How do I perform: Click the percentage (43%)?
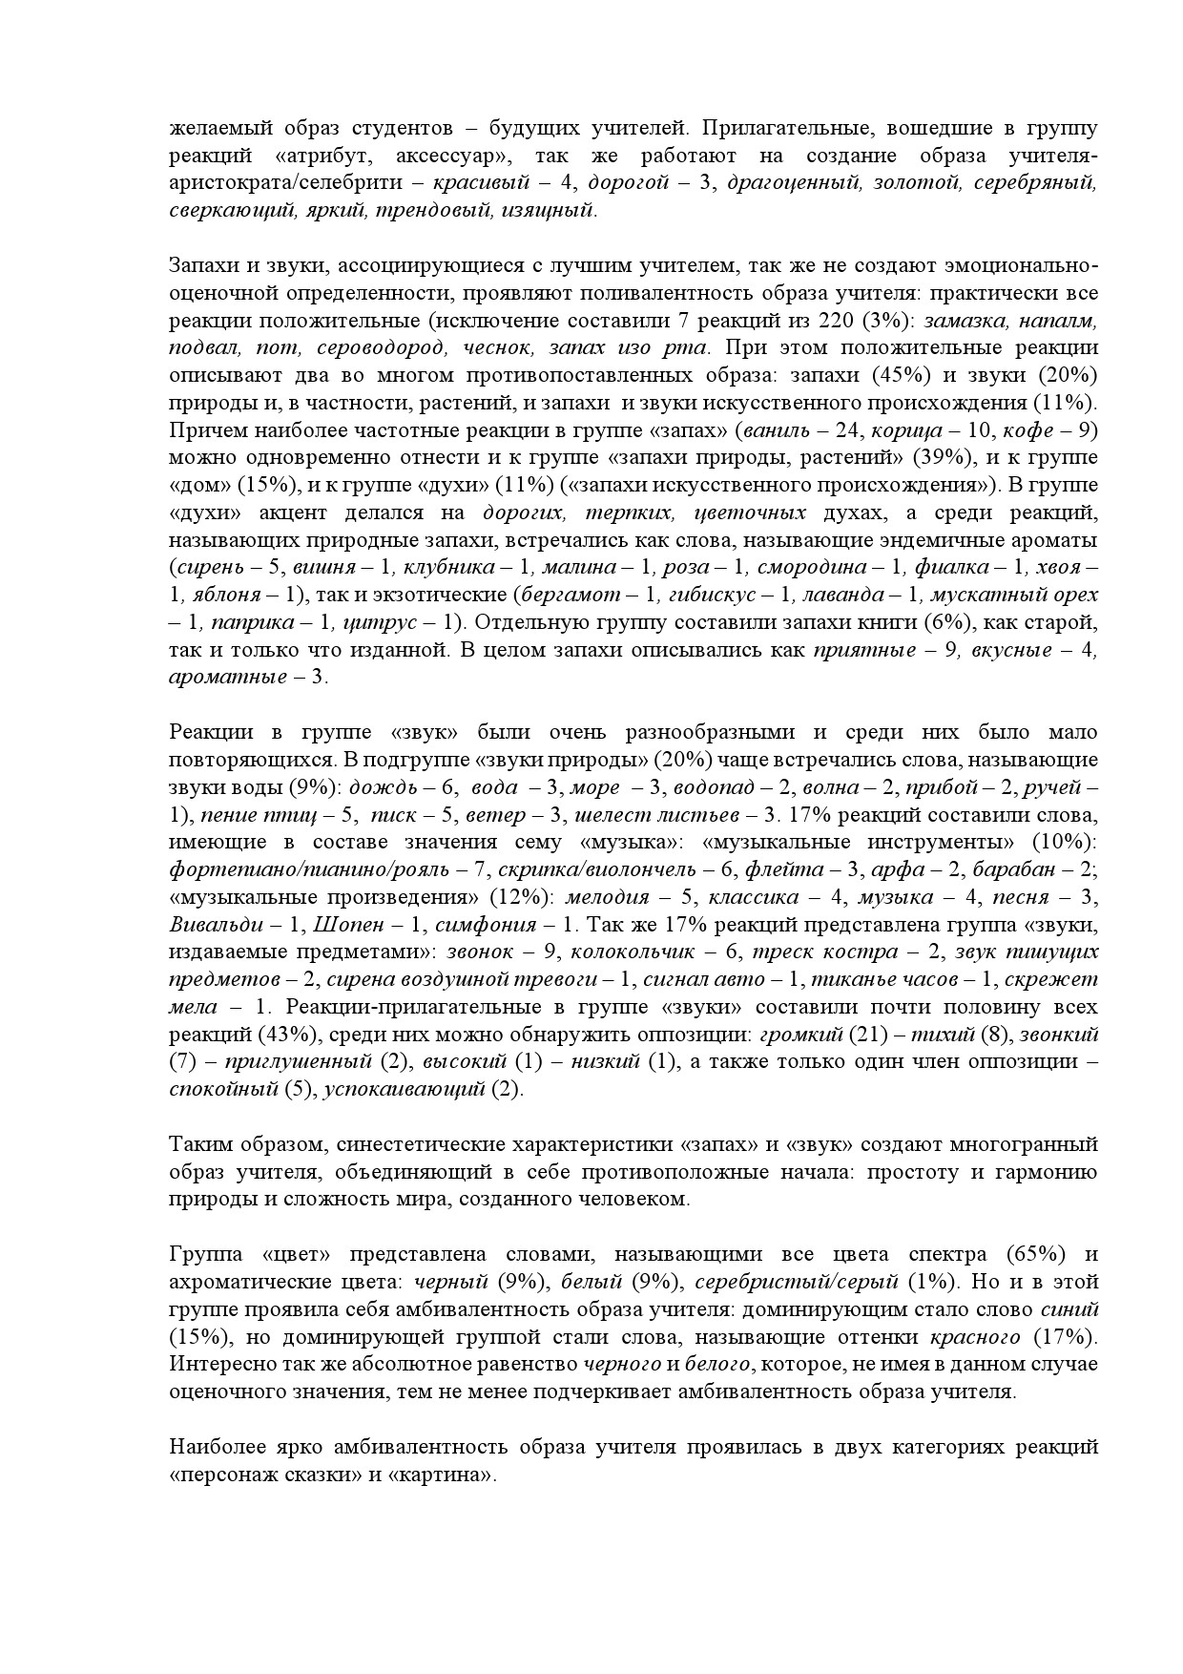pos(290,1035)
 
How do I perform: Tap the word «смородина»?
pos(811,567)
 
